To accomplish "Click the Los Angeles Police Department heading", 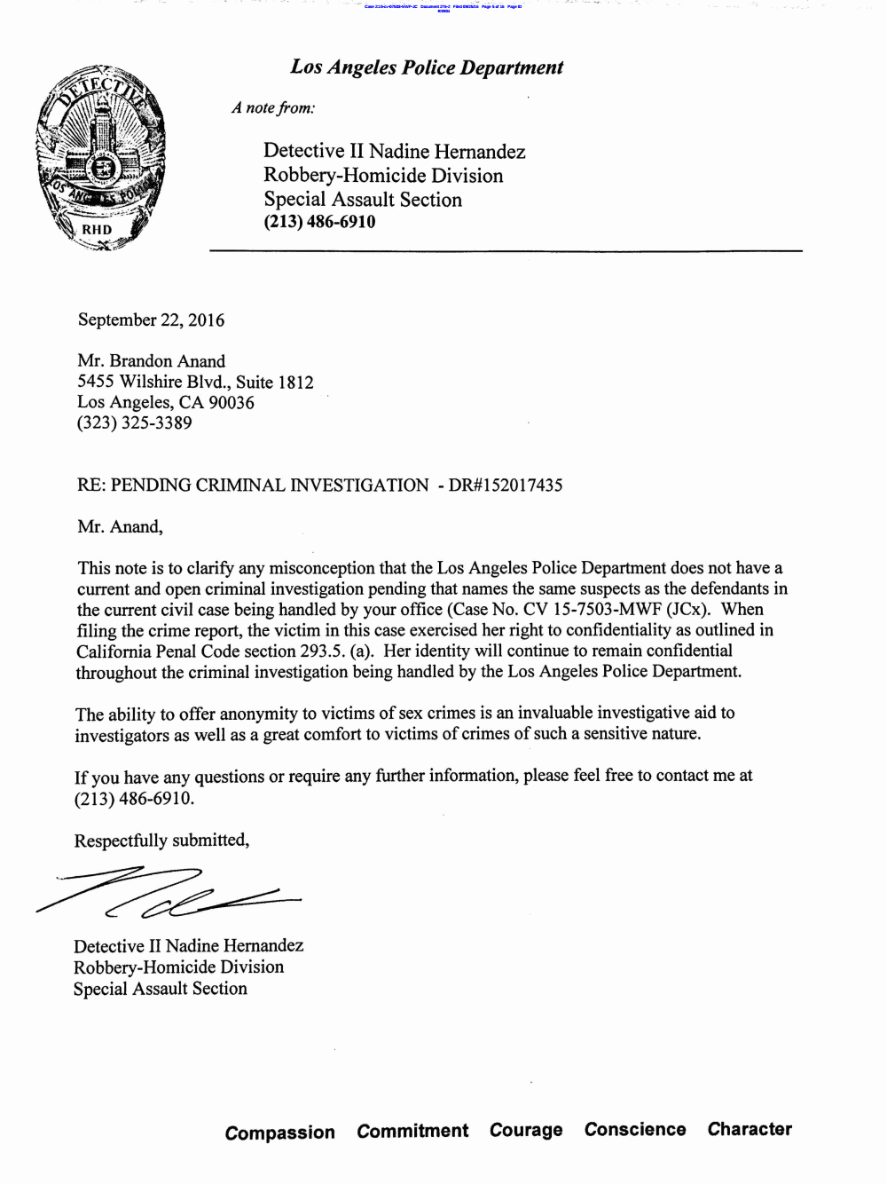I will pos(427,67).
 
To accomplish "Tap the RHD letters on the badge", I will pos(98,230).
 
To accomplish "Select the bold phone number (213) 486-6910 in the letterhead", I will pos(319,222).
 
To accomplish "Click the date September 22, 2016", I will pos(151,320).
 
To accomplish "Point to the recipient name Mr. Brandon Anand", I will pos(152,361).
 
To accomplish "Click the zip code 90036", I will pos(232,402).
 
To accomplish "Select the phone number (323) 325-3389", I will pos(135,422).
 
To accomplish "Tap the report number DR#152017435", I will pos(506,485).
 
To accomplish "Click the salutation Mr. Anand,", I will pos(120,526).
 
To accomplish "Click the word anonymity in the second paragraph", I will pos(258,714).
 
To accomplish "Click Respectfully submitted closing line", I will pos(161,841).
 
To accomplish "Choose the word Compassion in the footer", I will pos(280,1133).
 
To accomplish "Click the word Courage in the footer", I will pos(526,1131).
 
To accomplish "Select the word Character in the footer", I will pos(750,1129).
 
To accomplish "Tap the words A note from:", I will pos(273,108).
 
